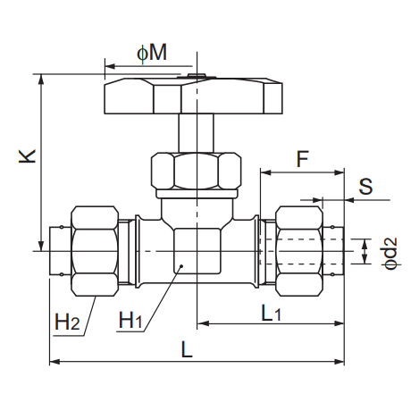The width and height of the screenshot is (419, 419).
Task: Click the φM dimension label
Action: (x=152, y=54)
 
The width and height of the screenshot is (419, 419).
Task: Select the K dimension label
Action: (x=28, y=156)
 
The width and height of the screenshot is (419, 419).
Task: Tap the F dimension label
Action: (x=303, y=159)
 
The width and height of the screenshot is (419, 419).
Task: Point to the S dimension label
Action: (x=365, y=187)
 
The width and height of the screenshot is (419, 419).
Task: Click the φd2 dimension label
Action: (x=391, y=253)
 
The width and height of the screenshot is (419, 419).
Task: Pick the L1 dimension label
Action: (x=271, y=314)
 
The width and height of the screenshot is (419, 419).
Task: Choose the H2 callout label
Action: (x=67, y=322)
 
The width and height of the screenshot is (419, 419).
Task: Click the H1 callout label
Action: (x=130, y=320)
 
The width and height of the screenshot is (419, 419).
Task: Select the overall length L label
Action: (x=187, y=349)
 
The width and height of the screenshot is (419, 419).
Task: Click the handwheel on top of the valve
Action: (x=193, y=96)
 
